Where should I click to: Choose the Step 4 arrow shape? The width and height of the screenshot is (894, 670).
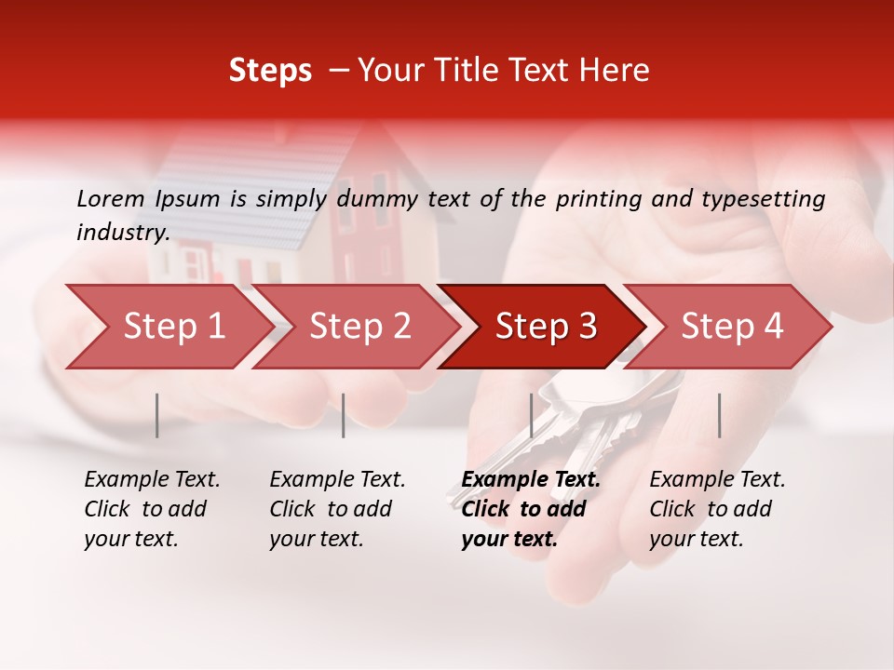point(730,327)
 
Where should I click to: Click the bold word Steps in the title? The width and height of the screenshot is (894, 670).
point(270,71)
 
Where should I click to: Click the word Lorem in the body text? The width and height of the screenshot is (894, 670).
point(110,199)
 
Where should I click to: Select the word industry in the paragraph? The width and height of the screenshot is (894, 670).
point(122,232)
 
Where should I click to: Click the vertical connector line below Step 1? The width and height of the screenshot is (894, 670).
point(157,415)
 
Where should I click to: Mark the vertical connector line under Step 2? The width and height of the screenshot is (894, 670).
point(344,415)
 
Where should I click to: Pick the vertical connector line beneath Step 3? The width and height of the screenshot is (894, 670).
point(532,415)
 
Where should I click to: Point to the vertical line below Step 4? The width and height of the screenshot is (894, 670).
point(720,415)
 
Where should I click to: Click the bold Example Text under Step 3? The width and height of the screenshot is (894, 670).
point(531,480)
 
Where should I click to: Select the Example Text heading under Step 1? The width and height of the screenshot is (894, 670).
point(152,480)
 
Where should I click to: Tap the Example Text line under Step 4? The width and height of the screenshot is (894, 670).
point(717,480)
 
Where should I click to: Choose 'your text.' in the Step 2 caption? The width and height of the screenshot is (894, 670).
point(316,539)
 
